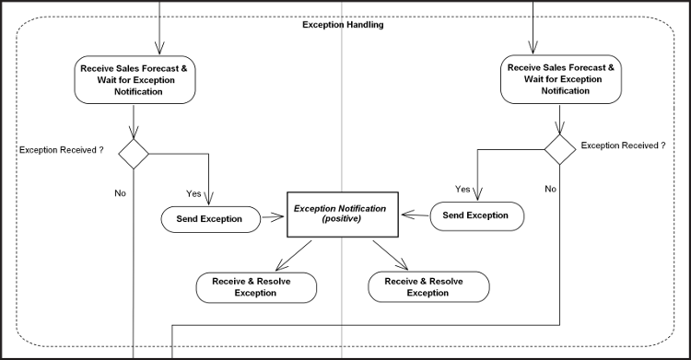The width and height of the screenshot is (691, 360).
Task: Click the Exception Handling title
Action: tap(343, 25)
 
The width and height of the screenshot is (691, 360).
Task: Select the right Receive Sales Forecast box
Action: tap(560, 79)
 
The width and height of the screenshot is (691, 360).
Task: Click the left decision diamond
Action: tap(135, 153)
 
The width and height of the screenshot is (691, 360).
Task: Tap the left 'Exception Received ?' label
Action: tap(61, 149)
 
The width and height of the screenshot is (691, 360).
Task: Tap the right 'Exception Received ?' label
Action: tap(623, 145)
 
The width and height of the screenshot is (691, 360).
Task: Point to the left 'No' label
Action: tap(120, 193)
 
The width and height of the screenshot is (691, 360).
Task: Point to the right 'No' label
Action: tap(550, 188)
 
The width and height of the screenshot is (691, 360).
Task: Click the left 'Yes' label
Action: tap(193, 193)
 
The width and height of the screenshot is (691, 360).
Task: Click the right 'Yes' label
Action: tap(463, 189)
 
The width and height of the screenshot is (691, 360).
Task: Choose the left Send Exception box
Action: tap(209, 219)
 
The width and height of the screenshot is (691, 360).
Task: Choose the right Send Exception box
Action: tap(476, 215)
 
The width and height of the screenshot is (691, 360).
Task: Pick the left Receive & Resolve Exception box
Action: tap(256, 287)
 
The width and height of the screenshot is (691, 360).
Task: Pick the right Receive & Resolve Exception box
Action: tap(427, 287)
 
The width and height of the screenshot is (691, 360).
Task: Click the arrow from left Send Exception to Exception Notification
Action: tap(272, 219)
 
